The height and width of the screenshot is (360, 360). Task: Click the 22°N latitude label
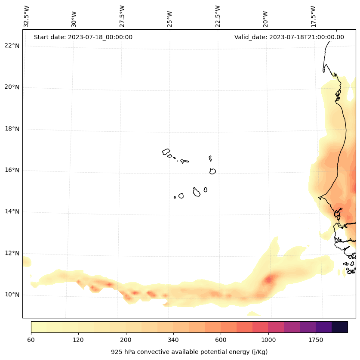pos(12,46)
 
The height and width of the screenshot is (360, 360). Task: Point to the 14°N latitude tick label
pos(12,211)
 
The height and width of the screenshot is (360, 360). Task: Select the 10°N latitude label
pos(12,295)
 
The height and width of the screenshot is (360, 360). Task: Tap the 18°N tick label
pos(12,129)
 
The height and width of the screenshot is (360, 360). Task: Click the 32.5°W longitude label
pos(27,16)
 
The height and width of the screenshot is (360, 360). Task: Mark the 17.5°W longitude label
pos(313,16)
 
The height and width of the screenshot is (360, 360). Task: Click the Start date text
pos(83,37)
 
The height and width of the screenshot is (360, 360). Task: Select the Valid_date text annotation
pos(289,37)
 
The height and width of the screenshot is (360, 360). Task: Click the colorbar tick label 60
pos(31,340)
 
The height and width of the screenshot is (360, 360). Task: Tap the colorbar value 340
pos(173,340)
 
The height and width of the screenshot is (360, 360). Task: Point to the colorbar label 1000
pos(268,340)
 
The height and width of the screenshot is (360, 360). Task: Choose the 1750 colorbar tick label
pos(316,340)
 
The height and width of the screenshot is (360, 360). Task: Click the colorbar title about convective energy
pos(189,352)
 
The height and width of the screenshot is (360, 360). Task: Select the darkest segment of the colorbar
pos(340,327)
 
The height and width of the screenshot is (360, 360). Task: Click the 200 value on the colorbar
pos(126,340)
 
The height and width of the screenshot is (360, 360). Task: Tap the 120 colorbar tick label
pos(78,340)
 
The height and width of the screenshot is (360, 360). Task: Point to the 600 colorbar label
pos(221,340)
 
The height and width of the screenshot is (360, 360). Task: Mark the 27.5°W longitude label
pos(122,16)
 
